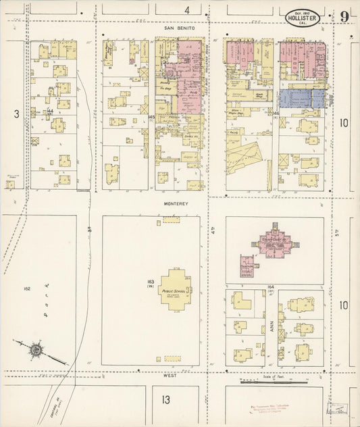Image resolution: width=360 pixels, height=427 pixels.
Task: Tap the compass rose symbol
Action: [x=35, y=350]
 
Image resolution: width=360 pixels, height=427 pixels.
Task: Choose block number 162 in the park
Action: [x=27, y=288]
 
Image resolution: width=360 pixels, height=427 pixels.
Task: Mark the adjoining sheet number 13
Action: [x=166, y=399]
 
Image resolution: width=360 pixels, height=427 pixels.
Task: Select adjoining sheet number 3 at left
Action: [x=16, y=114]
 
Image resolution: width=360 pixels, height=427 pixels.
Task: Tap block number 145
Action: [x=152, y=118]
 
